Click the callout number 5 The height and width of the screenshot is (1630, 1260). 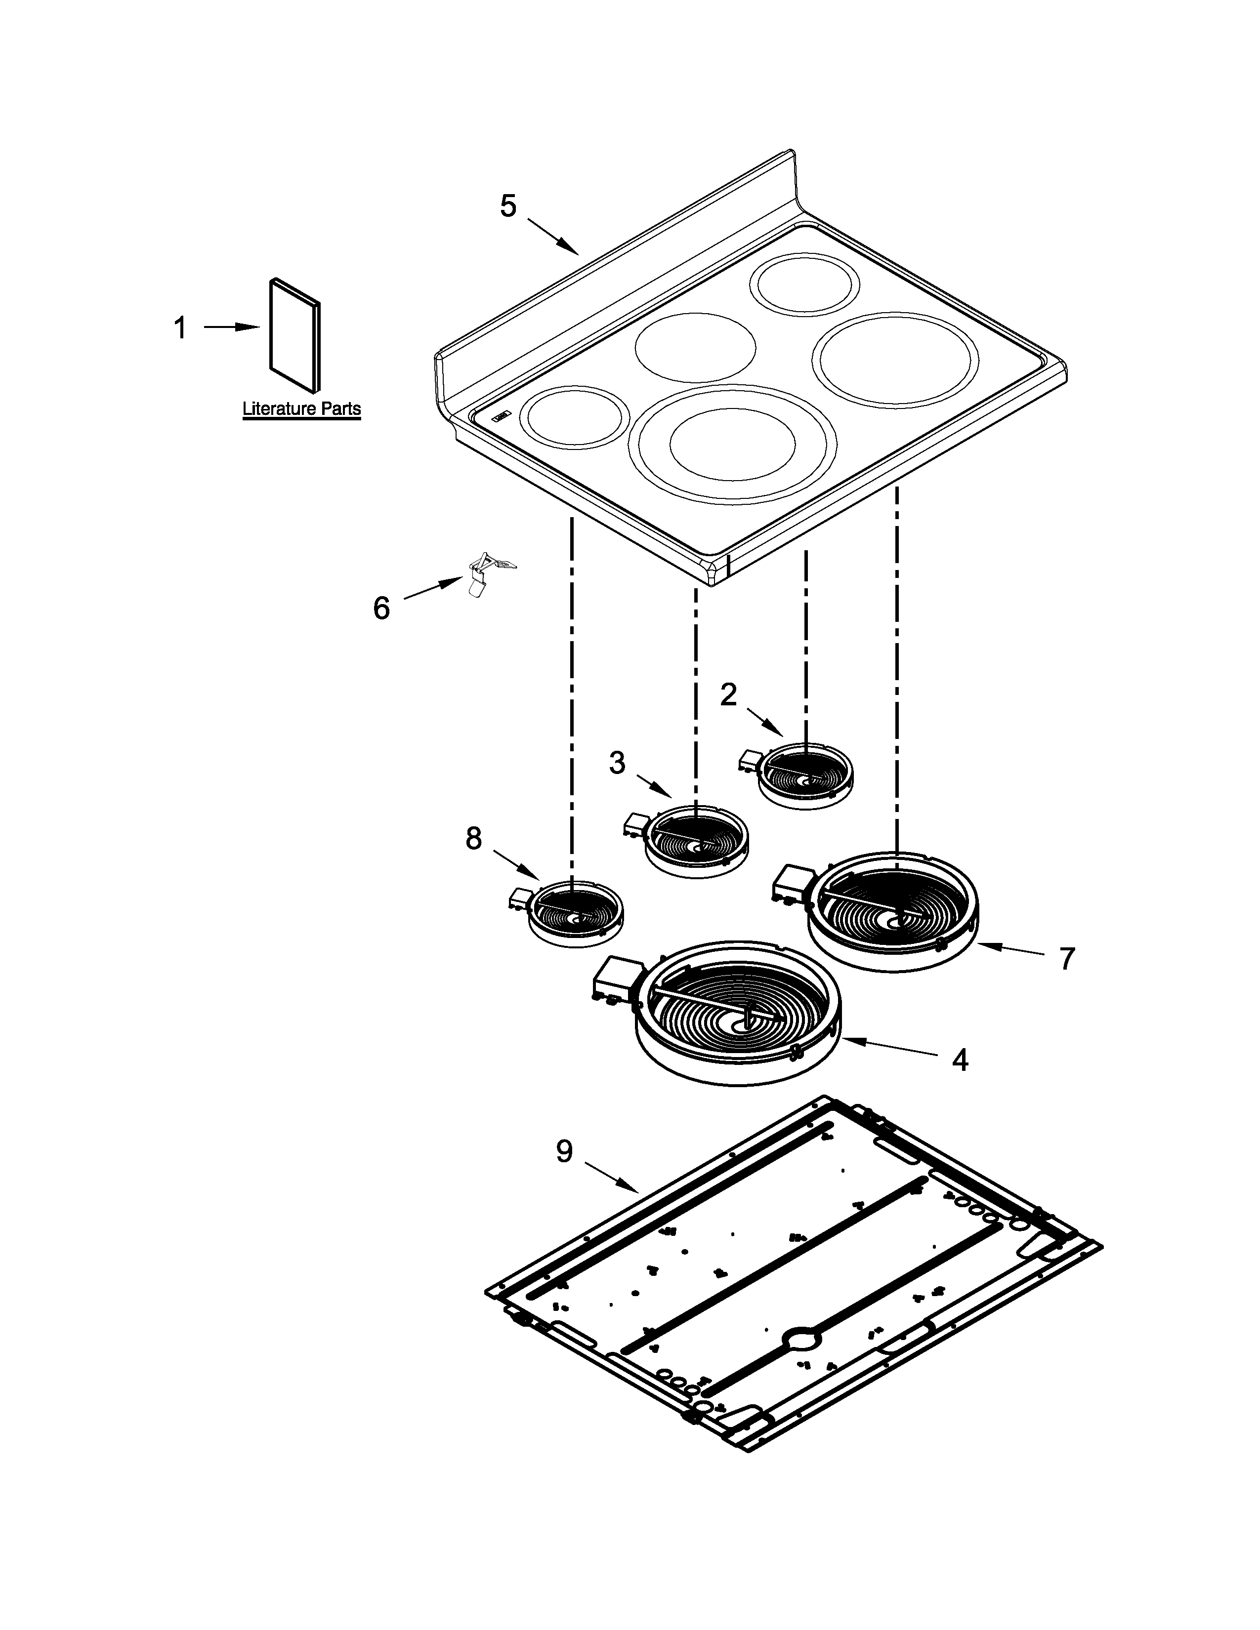[507, 206]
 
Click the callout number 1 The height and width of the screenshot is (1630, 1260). [180, 327]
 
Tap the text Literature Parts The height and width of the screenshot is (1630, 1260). [301, 409]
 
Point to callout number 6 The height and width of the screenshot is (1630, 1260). [380, 608]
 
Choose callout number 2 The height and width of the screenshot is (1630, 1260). [728, 695]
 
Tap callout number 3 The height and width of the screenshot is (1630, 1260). [617, 763]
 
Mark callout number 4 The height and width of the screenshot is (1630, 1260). [960, 1060]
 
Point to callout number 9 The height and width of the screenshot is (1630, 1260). [564, 1151]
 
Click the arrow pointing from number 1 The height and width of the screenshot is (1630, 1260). [231, 327]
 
